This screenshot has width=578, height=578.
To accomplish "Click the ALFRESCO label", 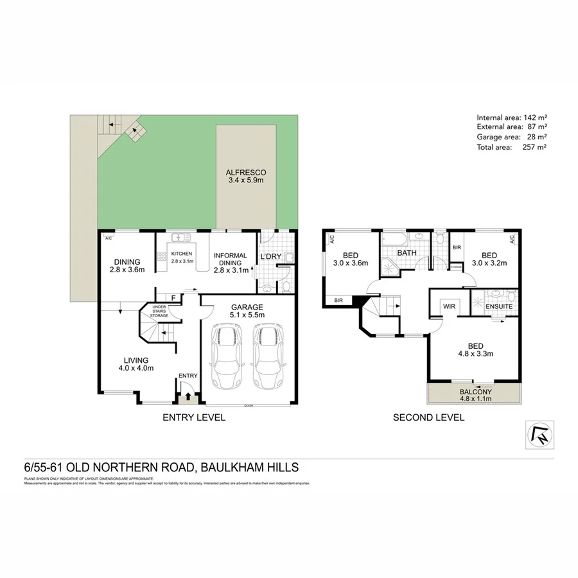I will point(246,173).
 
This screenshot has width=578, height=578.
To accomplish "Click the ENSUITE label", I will point(498,307).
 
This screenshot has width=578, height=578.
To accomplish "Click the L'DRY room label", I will point(271,257).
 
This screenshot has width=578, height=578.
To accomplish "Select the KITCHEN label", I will point(182,254).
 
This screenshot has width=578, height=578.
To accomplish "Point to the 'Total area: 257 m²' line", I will point(512,147).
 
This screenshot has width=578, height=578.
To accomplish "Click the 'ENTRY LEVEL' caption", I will point(194,417).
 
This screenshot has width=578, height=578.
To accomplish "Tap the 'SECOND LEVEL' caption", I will point(428,417).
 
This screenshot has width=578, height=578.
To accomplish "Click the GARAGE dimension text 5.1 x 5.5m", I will point(247,316).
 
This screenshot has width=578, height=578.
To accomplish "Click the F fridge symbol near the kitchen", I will point(173,298).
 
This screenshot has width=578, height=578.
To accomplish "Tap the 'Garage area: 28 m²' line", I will point(512,137).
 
